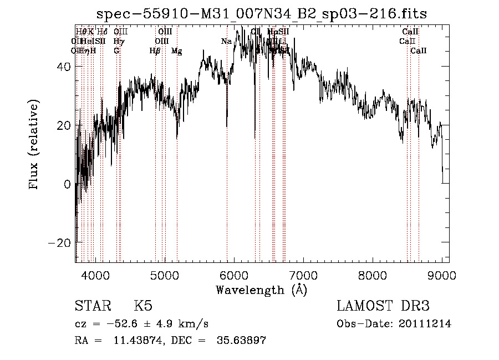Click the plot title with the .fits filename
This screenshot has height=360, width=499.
[261, 13]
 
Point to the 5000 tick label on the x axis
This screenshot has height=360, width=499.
[165, 275]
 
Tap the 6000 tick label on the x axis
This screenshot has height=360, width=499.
[234, 275]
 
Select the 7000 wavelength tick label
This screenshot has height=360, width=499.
[303, 275]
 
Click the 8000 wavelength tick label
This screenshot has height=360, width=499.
[373, 275]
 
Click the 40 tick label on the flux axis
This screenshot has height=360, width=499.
[64, 67]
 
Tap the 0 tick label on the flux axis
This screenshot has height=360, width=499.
[68, 184]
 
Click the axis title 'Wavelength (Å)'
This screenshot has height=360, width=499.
[261, 290]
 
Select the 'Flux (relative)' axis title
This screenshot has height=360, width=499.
[35, 145]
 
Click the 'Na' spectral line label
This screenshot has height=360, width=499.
[226, 42]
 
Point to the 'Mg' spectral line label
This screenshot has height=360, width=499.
[177, 51]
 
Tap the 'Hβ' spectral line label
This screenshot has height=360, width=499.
[155, 51]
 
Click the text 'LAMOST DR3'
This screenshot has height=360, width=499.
[383, 306]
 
